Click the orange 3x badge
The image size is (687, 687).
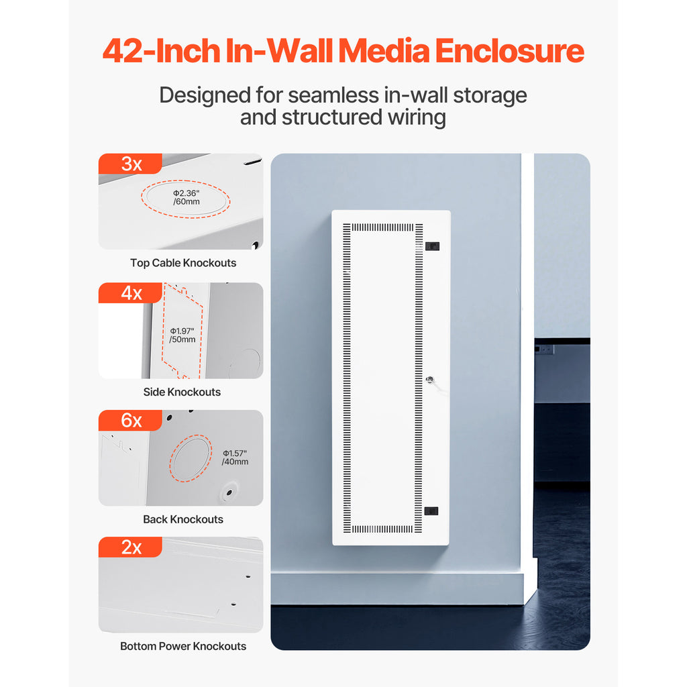click(130, 164)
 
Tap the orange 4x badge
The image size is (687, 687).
click(130, 293)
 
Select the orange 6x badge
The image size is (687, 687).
click(130, 420)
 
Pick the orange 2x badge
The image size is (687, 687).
click(130, 547)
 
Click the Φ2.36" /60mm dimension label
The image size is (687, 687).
click(187, 198)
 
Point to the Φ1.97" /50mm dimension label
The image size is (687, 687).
click(182, 335)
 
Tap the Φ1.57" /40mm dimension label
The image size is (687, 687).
click(235, 458)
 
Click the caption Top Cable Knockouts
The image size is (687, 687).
click(183, 263)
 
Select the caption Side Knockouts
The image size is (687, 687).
click(182, 392)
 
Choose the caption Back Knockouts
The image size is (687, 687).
click(183, 519)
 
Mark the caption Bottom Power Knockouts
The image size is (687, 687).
click(183, 646)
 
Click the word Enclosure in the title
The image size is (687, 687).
click(509, 51)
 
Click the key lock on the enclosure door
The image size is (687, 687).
click(430, 380)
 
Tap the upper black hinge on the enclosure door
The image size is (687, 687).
click(432, 246)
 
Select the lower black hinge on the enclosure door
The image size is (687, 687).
click(431, 511)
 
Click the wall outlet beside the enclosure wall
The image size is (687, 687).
click(545, 350)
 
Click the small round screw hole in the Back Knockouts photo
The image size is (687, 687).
click(229, 492)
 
